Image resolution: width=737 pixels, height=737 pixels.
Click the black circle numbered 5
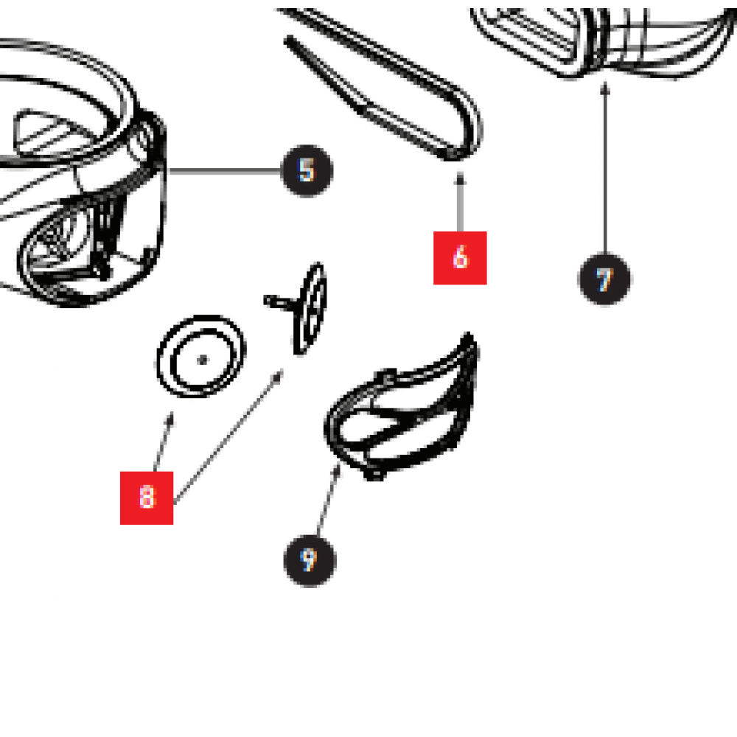click(x=307, y=171)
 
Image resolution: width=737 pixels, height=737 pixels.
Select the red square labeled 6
click(x=460, y=257)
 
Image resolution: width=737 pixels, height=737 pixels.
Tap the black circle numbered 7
click(x=604, y=279)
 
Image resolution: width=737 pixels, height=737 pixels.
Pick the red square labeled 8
click(x=147, y=497)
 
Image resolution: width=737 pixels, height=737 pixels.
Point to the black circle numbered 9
click(x=310, y=560)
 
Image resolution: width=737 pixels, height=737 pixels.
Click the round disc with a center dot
click(x=201, y=356)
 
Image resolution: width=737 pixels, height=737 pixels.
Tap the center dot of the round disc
click(x=202, y=360)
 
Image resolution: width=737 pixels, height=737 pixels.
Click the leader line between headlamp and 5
click(x=225, y=171)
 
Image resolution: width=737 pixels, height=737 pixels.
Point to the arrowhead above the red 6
click(x=460, y=178)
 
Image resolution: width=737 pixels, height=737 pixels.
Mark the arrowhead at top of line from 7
click(x=605, y=88)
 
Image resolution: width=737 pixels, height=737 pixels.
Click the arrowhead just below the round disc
click(x=170, y=419)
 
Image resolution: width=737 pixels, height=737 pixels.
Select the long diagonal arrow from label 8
click(x=228, y=436)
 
